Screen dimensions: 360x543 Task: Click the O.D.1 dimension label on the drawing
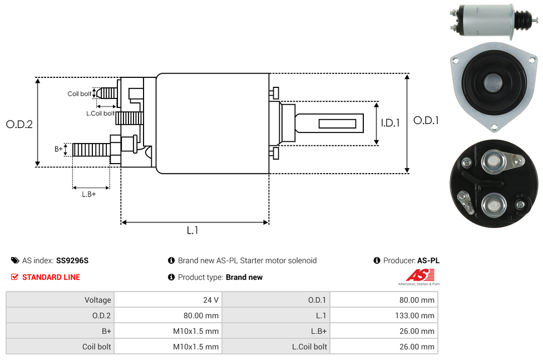426,120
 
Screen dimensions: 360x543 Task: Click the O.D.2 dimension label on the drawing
19,125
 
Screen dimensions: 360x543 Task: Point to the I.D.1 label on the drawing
390,124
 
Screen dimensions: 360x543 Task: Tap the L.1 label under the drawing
192,230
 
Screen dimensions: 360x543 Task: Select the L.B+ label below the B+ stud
89,194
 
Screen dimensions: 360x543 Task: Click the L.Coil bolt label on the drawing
100,114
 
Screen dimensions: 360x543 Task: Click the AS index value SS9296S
72,260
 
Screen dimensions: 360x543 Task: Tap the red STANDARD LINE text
51,277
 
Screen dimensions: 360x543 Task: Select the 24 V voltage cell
211,300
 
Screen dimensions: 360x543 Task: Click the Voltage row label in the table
97,300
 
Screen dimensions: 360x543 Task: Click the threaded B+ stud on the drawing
89,150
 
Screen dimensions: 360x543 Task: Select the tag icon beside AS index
15,260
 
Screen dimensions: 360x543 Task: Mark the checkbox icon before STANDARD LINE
15,277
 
